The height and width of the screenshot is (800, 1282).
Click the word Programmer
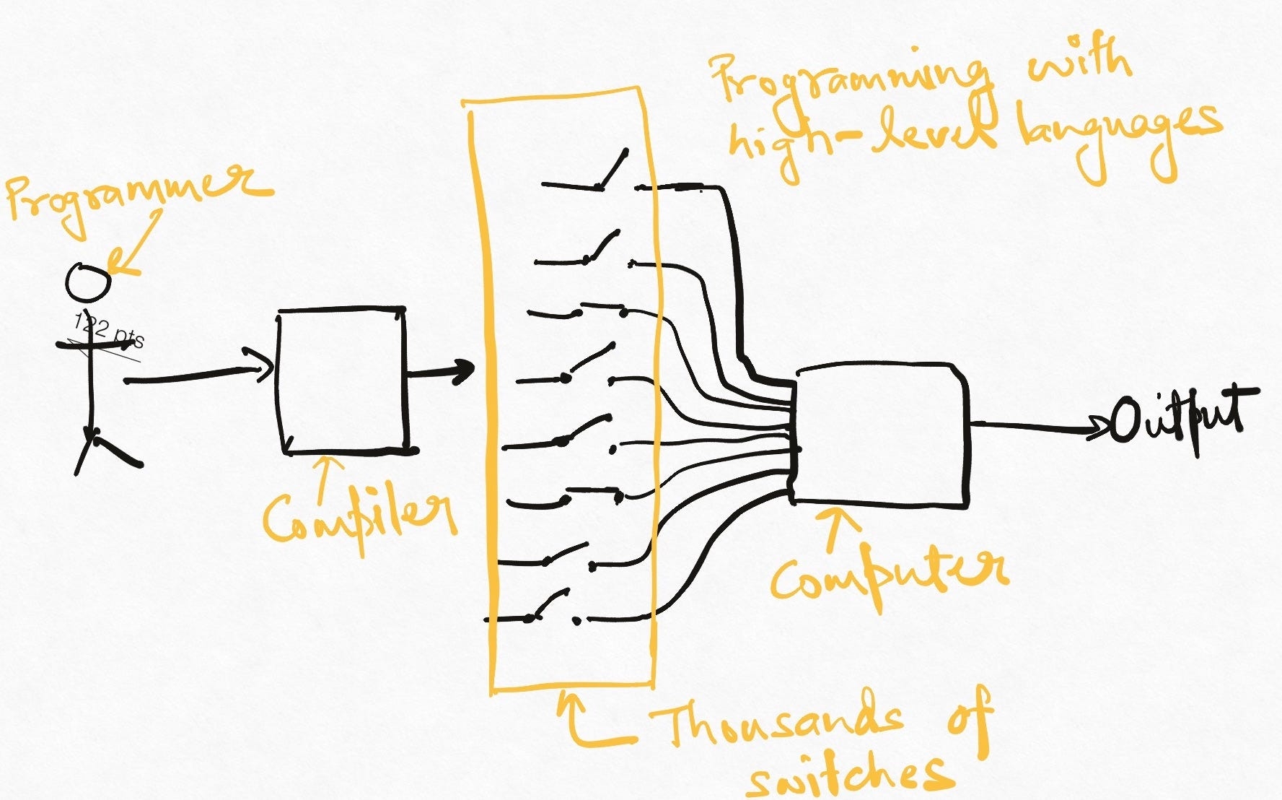coord(137,195)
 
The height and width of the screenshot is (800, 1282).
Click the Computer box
coord(880,433)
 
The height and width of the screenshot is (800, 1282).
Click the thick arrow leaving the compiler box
coord(440,373)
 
